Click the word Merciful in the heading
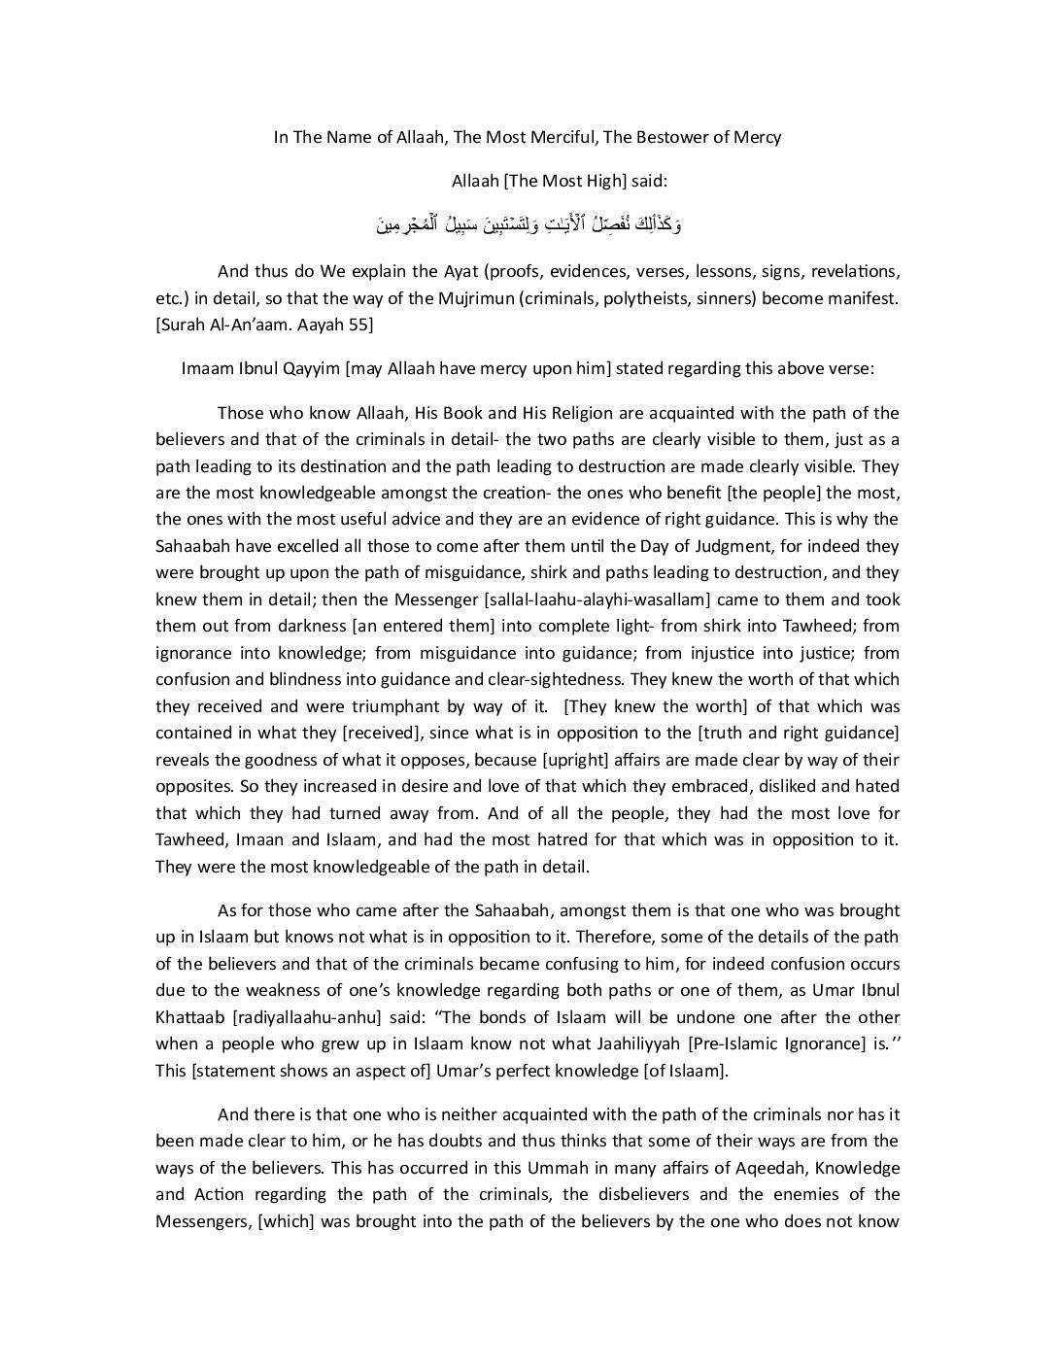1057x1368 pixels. click(x=563, y=137)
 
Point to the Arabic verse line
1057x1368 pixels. click(x=528, y=225)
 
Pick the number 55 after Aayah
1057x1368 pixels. click(x=362, y=325)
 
